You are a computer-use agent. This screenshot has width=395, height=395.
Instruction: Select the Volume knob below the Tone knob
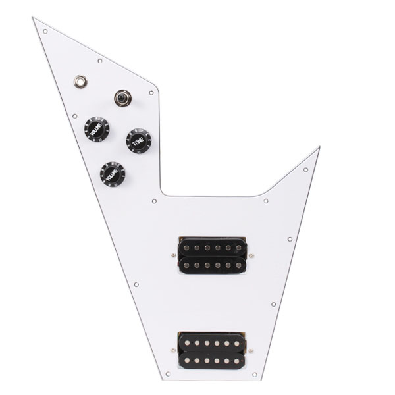point(111,174)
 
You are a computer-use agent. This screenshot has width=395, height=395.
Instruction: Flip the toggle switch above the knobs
point(122,98)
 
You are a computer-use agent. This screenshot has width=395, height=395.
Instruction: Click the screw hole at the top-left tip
point(45,30)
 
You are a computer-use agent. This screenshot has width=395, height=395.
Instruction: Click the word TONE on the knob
point(137,140)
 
